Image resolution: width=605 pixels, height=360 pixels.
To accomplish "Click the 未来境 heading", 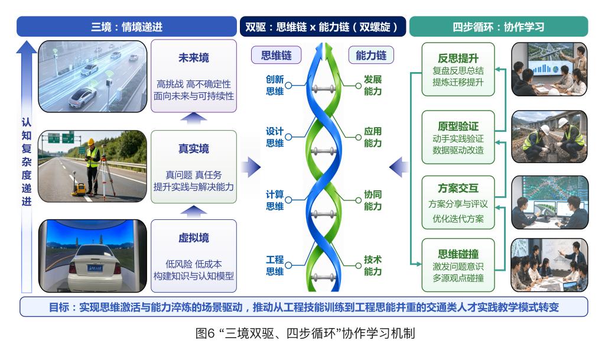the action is (x=193, y=58).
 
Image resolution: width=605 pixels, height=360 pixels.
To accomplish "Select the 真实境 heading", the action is (x=193, y=148).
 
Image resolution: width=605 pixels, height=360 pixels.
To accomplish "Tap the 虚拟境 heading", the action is (x=193, y=238).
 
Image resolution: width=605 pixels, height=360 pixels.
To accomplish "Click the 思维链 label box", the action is (x=277, y=55).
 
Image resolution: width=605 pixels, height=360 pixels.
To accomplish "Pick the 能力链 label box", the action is (x=371, y=55).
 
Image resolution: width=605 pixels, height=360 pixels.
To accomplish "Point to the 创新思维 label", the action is (x=275, y=85).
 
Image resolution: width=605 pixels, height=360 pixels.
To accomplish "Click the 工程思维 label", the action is (x=275, y=265).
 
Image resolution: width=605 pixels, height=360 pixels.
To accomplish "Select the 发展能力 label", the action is (x=373, y=85).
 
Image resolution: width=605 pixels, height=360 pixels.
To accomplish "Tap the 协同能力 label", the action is (x=373, y=200).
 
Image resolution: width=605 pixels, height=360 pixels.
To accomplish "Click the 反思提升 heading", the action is (x=458, y=59).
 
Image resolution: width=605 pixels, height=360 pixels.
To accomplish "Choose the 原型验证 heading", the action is (x=458, y=126).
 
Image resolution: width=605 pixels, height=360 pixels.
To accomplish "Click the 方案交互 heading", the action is (x=458, y=188).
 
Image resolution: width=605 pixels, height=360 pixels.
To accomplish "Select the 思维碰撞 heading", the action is (x=458, y=254).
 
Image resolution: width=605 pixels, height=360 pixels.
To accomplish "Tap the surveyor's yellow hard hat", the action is (x=91, y=142).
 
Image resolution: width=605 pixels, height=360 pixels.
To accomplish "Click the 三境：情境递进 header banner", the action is (x=126, y=27).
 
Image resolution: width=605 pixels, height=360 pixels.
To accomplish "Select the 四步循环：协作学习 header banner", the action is (x=499, y=27).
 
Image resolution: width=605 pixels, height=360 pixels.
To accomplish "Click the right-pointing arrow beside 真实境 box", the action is (x=251, y=167).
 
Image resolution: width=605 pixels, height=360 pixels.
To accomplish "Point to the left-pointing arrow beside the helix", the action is (x=399, y=167).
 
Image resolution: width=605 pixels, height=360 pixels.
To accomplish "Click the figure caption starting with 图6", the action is (x=305, y=333).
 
